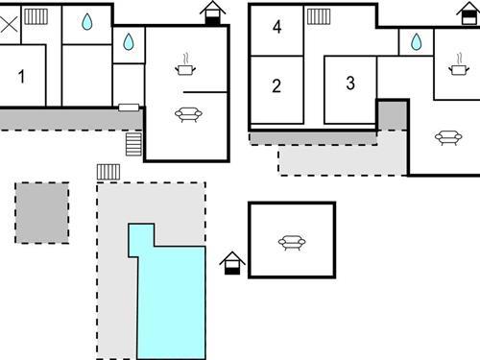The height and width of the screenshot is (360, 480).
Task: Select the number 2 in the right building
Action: (x=276, y=86)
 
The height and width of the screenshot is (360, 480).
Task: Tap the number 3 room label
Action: (x=349, y=84)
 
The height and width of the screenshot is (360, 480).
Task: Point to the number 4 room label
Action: (x=276, y=27)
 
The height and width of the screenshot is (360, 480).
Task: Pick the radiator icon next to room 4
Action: (x=319, y=16)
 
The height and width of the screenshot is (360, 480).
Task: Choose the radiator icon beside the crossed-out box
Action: (x=36, y=16)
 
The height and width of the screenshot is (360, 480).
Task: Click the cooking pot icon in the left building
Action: (x=185, y=67)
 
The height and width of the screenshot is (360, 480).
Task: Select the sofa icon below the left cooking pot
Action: (x=187, y=114)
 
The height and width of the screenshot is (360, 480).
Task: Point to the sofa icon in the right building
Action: (x=448, y=137)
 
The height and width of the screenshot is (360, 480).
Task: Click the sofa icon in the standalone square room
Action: (x=292, y=242)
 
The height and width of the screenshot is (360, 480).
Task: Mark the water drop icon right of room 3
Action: (x=416, y=41)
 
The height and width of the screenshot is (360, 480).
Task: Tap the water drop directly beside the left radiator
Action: (x=86, y=21)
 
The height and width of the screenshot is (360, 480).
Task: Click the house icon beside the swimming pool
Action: (x=232, y=262)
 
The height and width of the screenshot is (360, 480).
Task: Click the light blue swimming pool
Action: (x=171, y=298)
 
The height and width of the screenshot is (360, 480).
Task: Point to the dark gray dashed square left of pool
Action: (x=41, y=212)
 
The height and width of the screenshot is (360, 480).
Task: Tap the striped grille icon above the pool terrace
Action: (x=108, y=171)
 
